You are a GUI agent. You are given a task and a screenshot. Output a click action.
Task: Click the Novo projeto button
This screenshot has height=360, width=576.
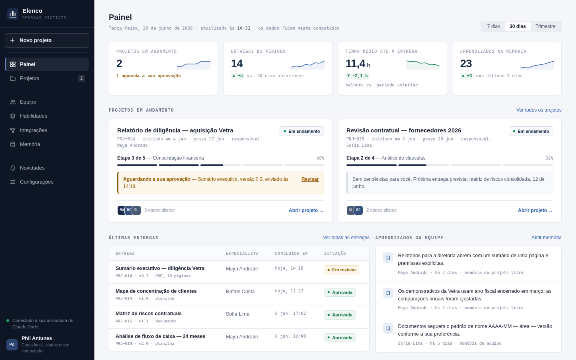pos(47,40)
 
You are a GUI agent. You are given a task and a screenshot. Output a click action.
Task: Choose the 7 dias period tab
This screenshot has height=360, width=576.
pos(493,26)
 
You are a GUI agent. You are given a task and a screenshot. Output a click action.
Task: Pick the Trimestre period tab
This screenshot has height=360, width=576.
pos(545,26)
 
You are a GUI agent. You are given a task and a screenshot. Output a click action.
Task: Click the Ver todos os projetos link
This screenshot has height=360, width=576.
pos(539,110)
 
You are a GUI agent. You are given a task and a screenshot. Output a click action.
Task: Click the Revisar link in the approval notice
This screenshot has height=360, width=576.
pos(310,179)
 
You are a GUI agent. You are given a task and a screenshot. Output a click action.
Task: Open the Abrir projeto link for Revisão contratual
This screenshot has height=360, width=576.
pos(535,210)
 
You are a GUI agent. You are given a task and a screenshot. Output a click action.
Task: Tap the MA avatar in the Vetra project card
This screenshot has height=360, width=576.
pos(121,210)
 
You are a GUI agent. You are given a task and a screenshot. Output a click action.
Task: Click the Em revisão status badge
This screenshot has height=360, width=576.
pos(341,270)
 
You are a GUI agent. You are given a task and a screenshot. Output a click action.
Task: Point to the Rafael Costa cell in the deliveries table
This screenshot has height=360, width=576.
pos(240,292)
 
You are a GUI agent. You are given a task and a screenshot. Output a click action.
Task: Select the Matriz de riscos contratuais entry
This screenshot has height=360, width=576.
pos(148,314)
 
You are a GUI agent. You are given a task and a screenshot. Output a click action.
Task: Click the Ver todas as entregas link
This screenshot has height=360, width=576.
pos(346,238)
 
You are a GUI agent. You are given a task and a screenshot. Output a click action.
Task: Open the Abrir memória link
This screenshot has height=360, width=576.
pos(546,238)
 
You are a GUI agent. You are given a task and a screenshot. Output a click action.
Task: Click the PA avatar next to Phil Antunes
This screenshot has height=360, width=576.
pos(12,344)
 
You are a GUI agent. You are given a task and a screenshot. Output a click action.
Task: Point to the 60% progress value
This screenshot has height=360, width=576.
pos(320,158)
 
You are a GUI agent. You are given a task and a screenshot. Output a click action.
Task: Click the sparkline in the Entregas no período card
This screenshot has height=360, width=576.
pos(308,65)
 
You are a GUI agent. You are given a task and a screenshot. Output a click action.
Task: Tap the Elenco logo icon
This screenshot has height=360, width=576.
pos(13,14)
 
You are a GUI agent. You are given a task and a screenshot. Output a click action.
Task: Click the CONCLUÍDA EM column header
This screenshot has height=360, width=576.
pos(291,254)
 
